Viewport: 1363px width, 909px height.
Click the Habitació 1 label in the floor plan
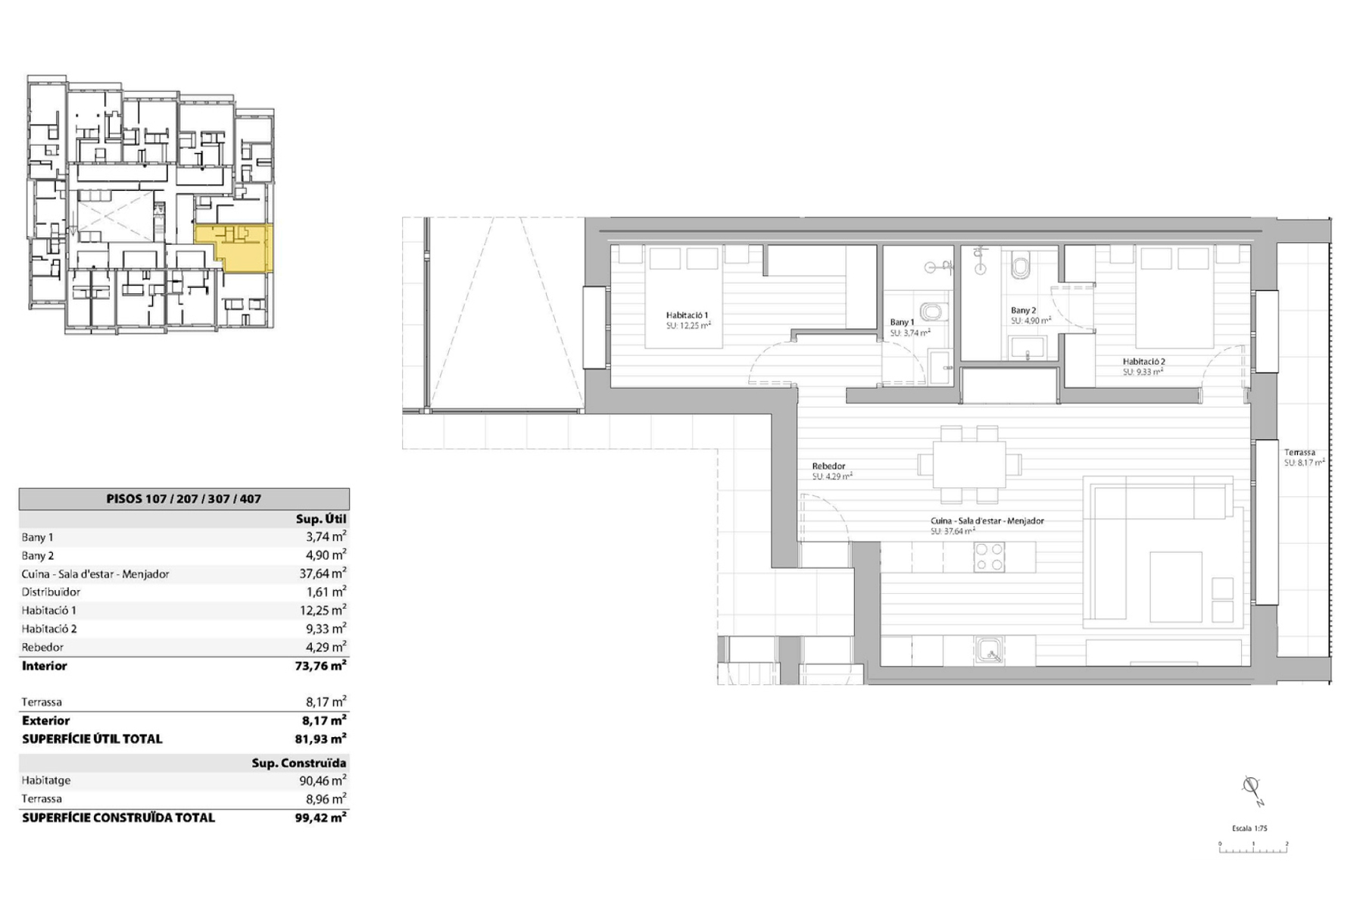(687, 315)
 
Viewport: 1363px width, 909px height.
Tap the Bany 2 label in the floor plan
(1023, 311)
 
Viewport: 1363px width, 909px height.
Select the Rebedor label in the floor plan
(828, 467)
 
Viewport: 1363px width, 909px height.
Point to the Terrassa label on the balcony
(1299, 452)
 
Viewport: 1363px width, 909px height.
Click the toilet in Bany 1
(932, 311)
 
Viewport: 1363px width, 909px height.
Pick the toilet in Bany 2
(1021, 267)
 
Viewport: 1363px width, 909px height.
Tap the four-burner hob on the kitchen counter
(989, 557)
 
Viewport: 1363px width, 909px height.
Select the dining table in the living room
(969, 464)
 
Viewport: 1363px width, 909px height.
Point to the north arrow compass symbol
(1252, 789)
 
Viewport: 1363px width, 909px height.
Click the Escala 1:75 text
(1249, 828)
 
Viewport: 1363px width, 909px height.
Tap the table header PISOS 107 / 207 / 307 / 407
(184, 499)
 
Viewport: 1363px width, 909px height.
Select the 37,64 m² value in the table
(323, 573)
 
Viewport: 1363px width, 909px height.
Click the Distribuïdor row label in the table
(51, 592)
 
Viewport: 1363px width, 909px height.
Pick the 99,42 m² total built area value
(321, 817)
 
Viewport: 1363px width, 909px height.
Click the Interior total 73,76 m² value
(321, 666)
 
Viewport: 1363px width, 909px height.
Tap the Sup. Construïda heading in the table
(299, 763)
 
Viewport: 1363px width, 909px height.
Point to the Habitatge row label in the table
(46, 780)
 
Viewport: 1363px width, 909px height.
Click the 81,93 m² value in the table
(321, 739)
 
